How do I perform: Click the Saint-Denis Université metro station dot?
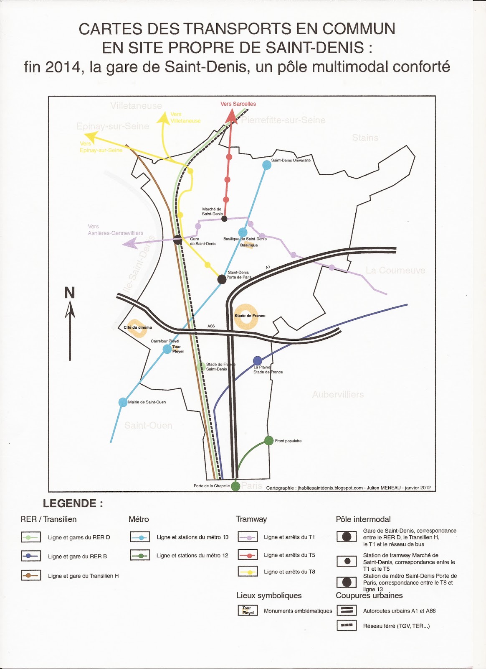click(x=267, y=165)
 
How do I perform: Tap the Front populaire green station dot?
click(x=269, y=441)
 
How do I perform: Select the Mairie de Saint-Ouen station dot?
click(x=123, y=402)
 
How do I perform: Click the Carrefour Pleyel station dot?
click(x=167, y=349)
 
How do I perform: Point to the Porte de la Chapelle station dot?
click(x=235, y=486)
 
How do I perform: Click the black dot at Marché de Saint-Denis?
click(x=224, y=218)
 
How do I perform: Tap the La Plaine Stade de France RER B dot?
click(x=258, y=360)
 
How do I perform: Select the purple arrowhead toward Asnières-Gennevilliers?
click(x=130, y=243)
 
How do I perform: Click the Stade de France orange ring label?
click(x=250, y=316)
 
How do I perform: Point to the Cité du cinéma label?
click(x=138, y=327)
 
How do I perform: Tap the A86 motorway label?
click(x=211, y=326)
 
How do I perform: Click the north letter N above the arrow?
click(x=69, y=293)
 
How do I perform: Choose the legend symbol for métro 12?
click(x=140, y=555)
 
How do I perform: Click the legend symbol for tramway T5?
click(x=248, y=555)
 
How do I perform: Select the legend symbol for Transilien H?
click(x=31, y=575)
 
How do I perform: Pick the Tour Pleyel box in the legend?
click(x=248, y=610)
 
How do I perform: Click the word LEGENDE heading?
click(x=73, y=503)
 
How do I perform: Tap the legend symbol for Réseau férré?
click(x=347, y=626)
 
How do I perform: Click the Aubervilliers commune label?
click(x=338, y=394)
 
